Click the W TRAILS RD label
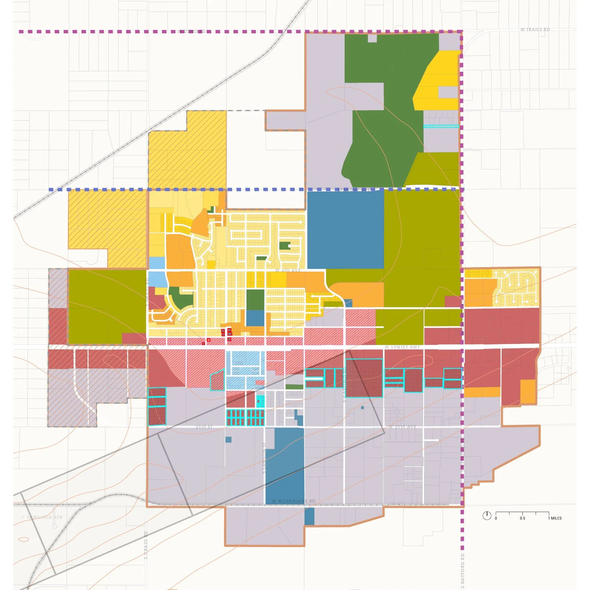click(535, 30)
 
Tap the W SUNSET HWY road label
click(402, 347)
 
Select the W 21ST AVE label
click(402, 427)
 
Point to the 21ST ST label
click(204, 427)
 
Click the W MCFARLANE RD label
click(294, 501)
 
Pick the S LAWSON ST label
click(264, 458)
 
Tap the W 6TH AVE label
click(288, 271)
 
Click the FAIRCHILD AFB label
click(42, 517)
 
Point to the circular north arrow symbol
click(487, 515)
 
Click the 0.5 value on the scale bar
click(522, 518)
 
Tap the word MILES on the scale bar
click(556, 518)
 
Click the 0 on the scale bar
click(496, 518)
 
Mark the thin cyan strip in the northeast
click(441, 126)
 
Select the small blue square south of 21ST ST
click(228, 439)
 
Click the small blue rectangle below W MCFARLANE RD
click(309, 516)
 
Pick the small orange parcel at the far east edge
click(528, 391)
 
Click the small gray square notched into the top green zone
click(372, 38)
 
